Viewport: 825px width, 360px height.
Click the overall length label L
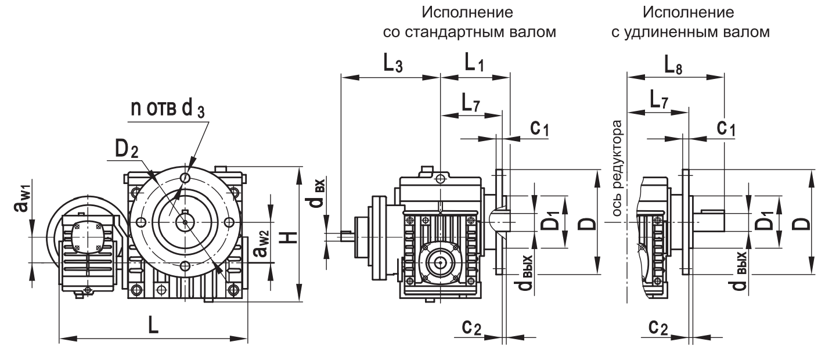click(x=153, y=325)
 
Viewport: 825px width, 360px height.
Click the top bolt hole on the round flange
click(x=185, y=178)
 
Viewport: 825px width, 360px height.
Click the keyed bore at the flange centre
click(x=185, y=221)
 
